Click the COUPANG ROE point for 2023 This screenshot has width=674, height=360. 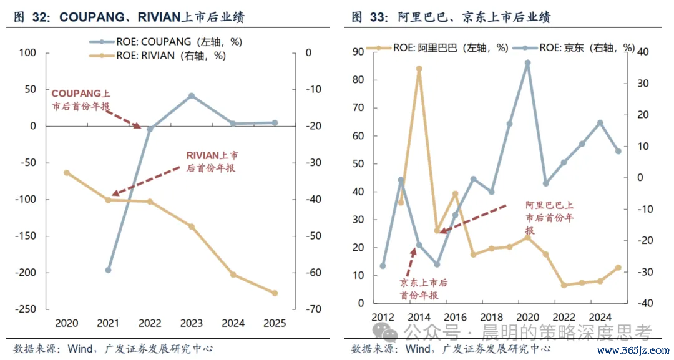pyautogui.click(x=192, y=96)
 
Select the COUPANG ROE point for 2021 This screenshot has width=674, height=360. pyautogui.click(x=109, y=270)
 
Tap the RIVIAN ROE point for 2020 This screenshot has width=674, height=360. pyautogui.click(x=67, y=173)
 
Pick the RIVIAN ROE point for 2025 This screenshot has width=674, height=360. pyautogui.click(x=275, y=293)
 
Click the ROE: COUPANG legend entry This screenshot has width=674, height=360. pyautogui.click(x=165, y=42)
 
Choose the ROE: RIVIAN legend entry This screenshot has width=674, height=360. pyautogui.click(x=157, y=56)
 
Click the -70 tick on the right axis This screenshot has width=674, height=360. pyautogui.click(x=313, y=309)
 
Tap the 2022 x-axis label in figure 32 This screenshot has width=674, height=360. pyautogui.click(x=150, y=323)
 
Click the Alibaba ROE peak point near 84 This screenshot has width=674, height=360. pyautogui.click(x=419, y=69)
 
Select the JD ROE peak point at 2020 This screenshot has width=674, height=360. pyautogui.click(x=528, y=63)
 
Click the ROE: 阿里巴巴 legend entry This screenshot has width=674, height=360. pyautogui.click(x=437, y=47)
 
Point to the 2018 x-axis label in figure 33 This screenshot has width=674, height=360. pyautogui.click(x=491, y=317)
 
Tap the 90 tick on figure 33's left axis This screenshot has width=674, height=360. pyautogui.click(x=358, y=52)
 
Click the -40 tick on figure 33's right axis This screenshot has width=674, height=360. pyautogui.click(x=645, y=303)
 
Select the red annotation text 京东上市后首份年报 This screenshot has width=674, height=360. pyautogui.click(x=423, y=289)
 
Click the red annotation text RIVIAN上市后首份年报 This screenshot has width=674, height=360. pyautogui.click(x=212, y=162)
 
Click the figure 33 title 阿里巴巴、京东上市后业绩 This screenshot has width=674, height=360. pyautogui.click(x=474, y=17)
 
